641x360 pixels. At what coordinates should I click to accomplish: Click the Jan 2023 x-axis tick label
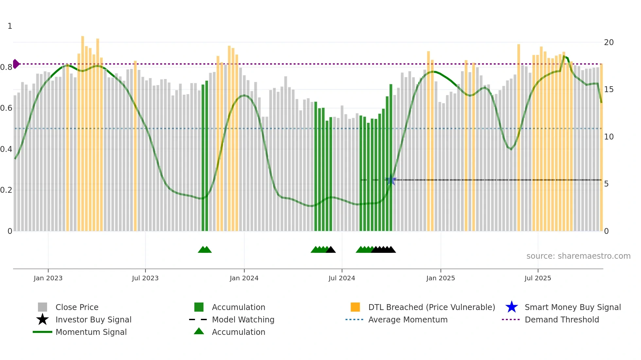tap(48, 278)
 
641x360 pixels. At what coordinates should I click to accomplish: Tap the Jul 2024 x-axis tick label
tap(342, 278)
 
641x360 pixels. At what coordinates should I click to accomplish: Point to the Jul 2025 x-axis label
tap(538, 278)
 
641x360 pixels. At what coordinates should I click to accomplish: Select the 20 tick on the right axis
tap(609, 42)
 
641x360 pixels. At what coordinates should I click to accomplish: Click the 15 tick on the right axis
tap(609, 90)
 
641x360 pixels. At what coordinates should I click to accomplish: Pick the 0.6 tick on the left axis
tap(7, 108)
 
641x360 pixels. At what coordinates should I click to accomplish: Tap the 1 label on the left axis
tap(10, 26)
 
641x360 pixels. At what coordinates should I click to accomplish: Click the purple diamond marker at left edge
tap(16, 64)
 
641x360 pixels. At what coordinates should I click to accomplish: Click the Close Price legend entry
tap(77, 307)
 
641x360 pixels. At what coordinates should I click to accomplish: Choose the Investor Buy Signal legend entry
tap(93, 319)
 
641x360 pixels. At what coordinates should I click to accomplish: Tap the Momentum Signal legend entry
tap(91, 332)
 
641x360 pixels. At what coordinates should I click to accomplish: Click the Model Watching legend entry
tap(243, 319)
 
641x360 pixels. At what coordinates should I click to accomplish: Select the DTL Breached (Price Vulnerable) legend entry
tap(431, 307)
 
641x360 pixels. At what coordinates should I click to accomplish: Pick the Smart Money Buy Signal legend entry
tap(573, 307)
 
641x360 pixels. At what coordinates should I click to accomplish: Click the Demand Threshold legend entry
tap(562, 319)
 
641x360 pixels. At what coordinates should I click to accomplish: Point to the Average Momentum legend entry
tap(408, 319)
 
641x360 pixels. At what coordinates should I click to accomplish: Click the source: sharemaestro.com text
tap(578, 256)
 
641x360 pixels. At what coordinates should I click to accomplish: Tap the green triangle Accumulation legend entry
tap(238, 332)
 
